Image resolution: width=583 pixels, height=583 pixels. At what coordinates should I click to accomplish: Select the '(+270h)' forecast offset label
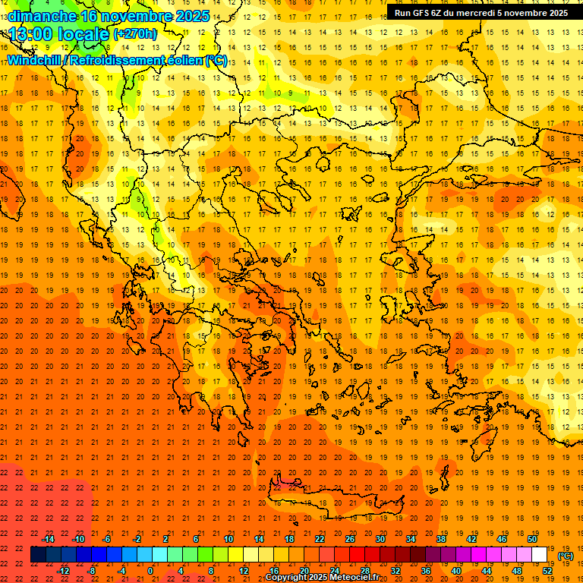point(135,33)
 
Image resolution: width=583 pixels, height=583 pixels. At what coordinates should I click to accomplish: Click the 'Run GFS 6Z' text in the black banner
point(417,13)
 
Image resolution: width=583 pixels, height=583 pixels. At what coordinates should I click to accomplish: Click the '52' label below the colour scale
point(547,570)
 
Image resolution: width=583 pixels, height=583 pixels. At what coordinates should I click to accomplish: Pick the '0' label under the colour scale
point(151,570)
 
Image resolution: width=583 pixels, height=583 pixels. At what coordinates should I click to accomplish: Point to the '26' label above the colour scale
point(350,539)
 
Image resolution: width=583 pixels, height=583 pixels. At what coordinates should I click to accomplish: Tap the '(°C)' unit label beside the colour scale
point(566,556)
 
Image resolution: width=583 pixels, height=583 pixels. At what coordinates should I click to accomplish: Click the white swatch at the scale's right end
point(540,555)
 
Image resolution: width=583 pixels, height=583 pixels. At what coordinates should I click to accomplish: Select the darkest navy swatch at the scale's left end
point(38,555)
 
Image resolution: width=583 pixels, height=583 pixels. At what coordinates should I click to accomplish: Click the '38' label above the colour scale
point(441,539)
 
